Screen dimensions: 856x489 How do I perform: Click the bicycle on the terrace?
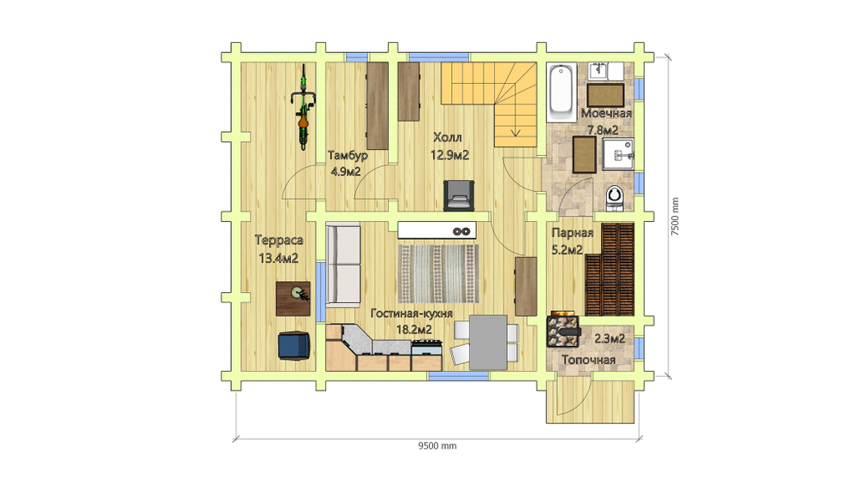[304, 107]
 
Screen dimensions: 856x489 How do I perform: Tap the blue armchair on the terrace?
[294, 346]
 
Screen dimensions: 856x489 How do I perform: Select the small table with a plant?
[293, 298]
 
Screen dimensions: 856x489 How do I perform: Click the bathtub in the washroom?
[562, 92]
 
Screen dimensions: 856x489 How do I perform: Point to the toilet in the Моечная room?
[615, 198]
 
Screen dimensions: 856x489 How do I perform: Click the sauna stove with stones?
[563, 329]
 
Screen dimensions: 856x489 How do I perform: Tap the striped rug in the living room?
[438, 273]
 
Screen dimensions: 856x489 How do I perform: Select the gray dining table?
[488, 342]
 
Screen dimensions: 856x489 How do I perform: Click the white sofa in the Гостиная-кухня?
[343, 265]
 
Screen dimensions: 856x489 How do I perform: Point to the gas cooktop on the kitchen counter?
[426, 343]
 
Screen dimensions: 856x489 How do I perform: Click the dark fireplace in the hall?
[459, 195]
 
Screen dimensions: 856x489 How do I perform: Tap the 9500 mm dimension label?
[437, 446]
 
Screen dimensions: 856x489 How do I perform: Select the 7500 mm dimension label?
[675, 217]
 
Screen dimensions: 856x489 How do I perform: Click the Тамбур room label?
[348, 155]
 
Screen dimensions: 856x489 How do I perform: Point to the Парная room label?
[572, 233]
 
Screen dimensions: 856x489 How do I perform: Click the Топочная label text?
[589, 360]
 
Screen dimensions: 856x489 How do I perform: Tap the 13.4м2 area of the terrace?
[278, 258]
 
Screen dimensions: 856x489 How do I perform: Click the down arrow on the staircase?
[515, 133]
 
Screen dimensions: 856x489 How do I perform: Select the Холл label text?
[448, 137]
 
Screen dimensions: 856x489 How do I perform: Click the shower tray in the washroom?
[618, 154]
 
